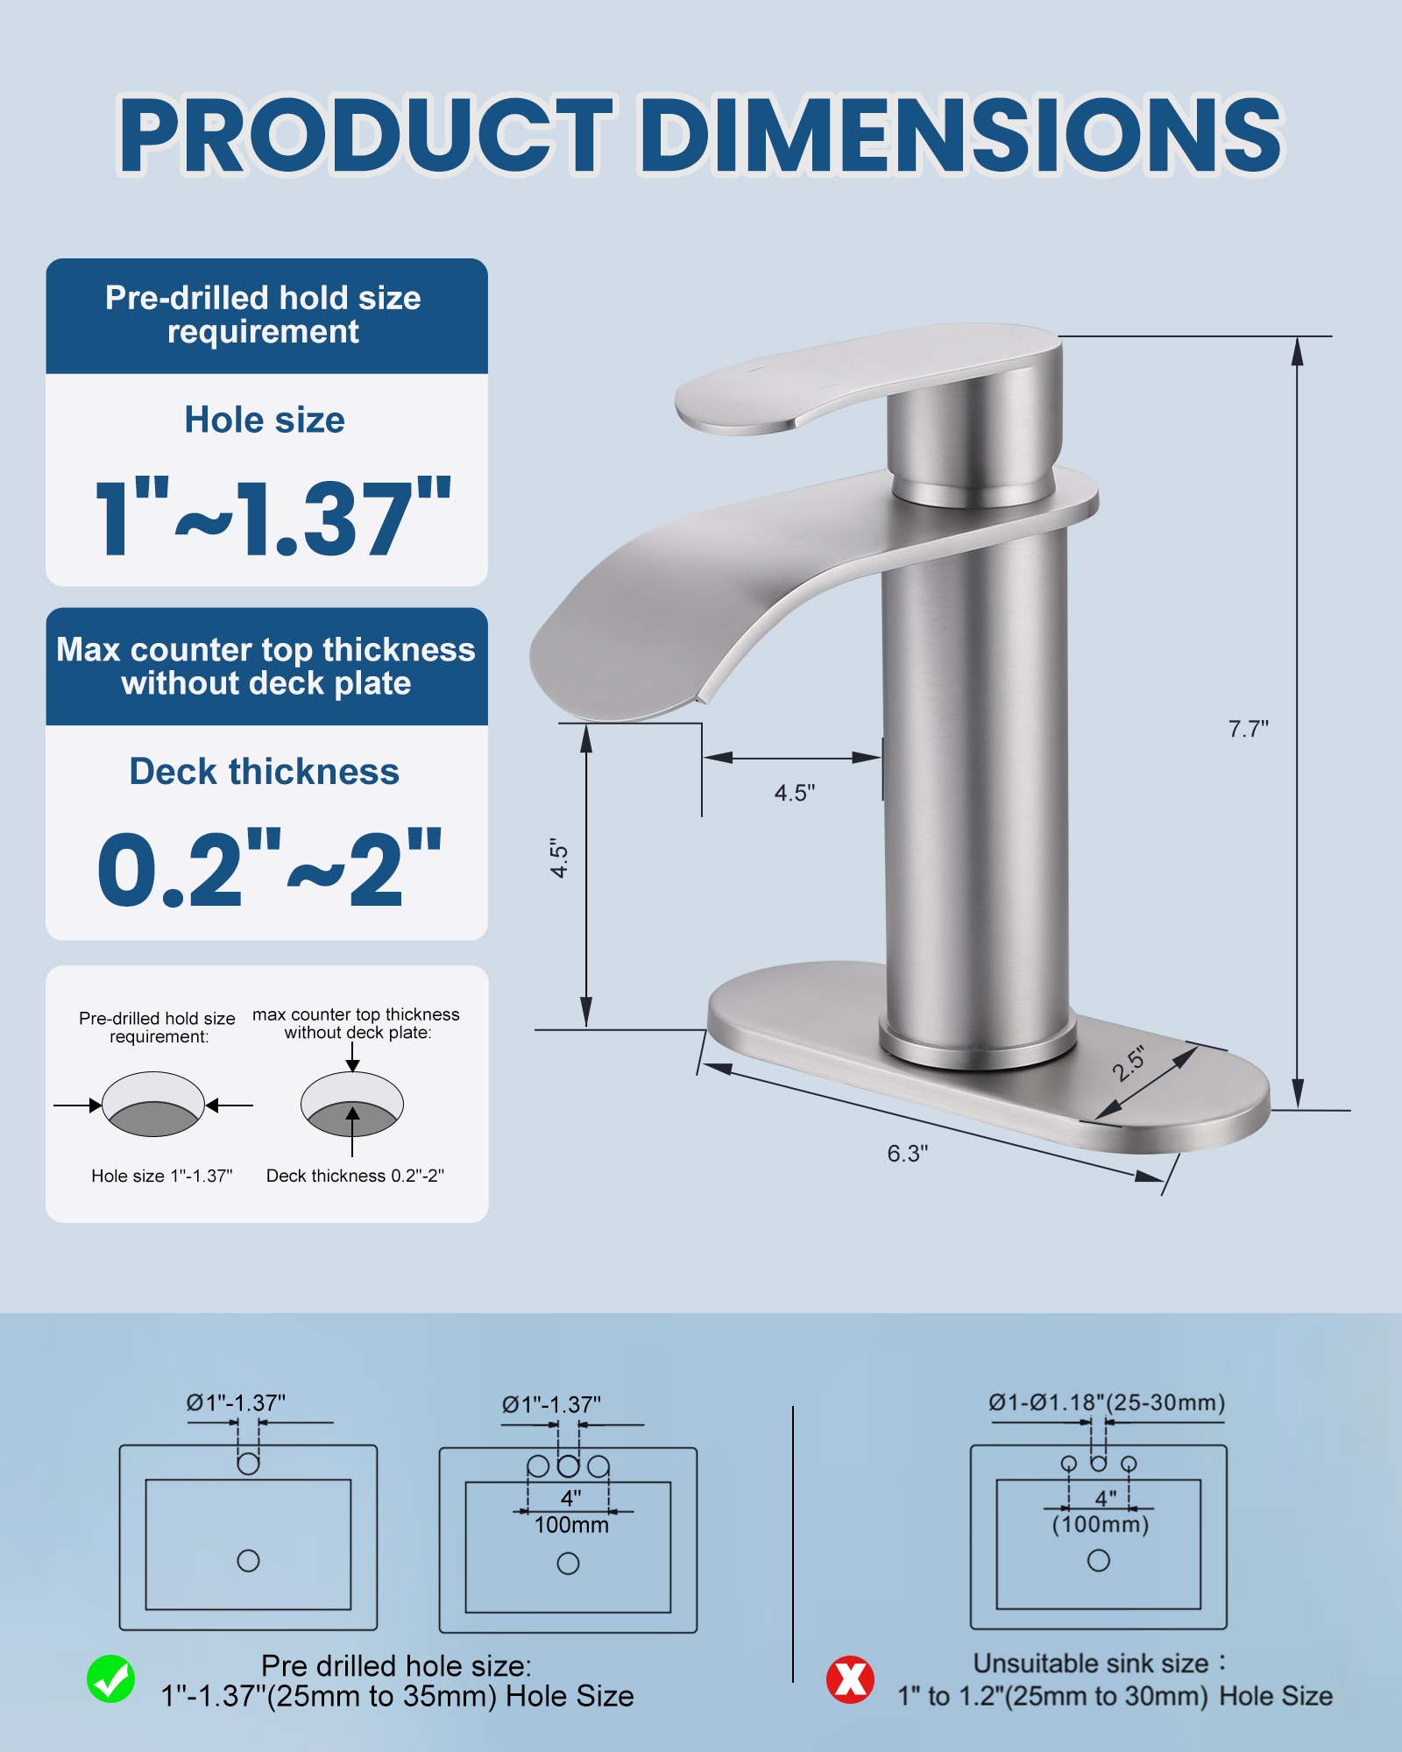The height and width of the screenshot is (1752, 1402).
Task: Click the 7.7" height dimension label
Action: point(1248,729)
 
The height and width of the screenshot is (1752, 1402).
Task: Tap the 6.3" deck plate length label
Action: point(907,1154)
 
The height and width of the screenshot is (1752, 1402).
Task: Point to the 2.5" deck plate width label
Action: point(1129,1063)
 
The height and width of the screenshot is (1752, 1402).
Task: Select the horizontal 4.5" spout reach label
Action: point(794,793)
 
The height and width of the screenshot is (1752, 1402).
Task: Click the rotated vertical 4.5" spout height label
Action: point(559,858)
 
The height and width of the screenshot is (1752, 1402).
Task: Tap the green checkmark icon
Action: point(111,1679)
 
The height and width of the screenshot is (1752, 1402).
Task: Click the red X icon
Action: point(850,1679)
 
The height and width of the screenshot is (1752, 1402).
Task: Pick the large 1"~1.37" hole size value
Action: point(272,519)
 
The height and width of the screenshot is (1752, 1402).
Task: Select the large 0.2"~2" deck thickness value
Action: point(269,870)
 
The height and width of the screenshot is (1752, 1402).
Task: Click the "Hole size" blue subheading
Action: point(265,420)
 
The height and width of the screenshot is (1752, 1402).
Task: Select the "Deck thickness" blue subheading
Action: point(265,772)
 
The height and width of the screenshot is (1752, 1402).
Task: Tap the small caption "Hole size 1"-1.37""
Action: point(162,1176)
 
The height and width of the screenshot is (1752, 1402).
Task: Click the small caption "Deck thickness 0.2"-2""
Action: point(355,1176)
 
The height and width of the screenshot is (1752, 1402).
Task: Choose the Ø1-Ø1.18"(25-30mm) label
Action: point(1107,1402)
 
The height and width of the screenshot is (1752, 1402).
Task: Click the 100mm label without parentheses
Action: point(571,1525)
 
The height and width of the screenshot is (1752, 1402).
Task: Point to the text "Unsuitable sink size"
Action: point(1091,1663)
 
